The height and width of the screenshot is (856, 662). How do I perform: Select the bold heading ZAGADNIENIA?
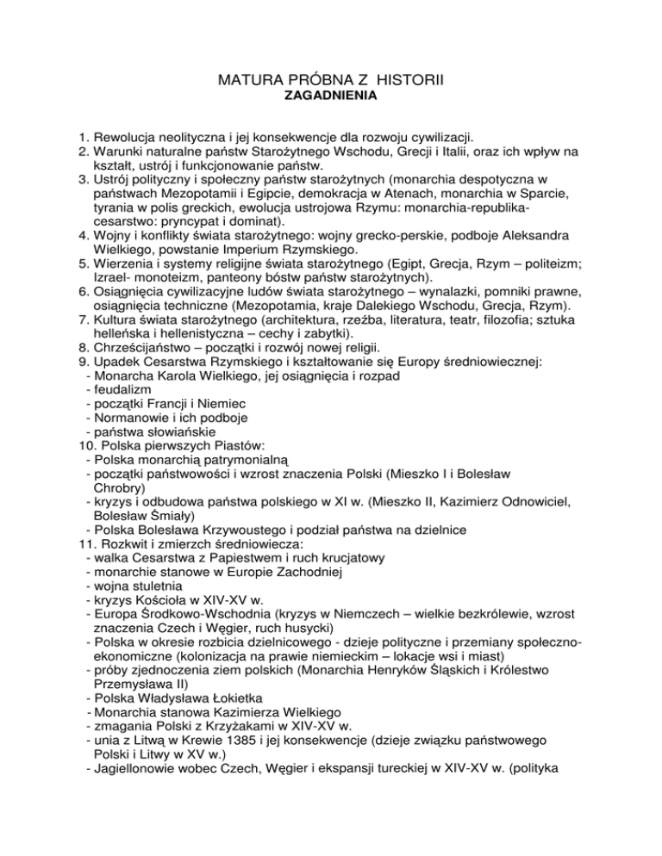coord(330,101)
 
